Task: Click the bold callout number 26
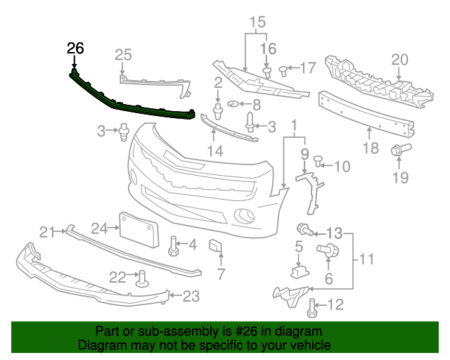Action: coord(75,49)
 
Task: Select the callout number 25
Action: coord(123,54)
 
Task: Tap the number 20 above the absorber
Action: coord(399,60)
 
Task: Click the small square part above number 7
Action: coord(215,247)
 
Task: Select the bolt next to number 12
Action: coord(314,305)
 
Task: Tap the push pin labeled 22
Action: coord(141,278)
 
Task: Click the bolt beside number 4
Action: coord(172,245)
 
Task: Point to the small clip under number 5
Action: coord(299,270)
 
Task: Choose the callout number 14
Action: coord(214,150)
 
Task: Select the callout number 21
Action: coord(47,232)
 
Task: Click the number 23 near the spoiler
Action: coord(191,297)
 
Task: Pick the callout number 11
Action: coord(366,260)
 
